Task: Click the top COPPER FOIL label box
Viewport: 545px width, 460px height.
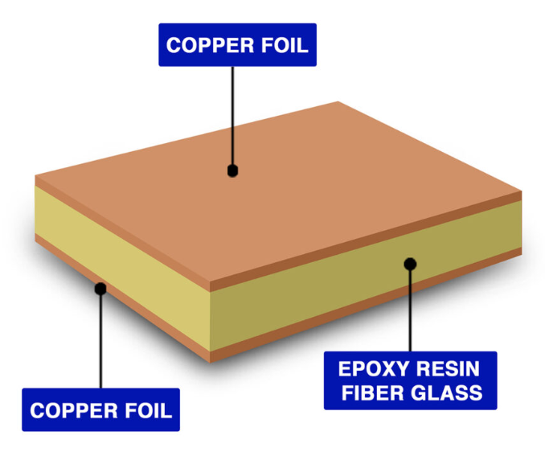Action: point(237,45)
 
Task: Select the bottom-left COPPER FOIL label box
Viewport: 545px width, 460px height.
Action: point(100,411)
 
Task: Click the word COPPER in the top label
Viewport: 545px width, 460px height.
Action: point(206,45)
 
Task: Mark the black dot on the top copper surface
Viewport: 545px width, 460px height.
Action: point(232,170)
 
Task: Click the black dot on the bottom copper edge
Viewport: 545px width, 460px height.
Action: point(100,288)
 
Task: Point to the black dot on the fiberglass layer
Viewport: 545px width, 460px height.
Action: point(410,263)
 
